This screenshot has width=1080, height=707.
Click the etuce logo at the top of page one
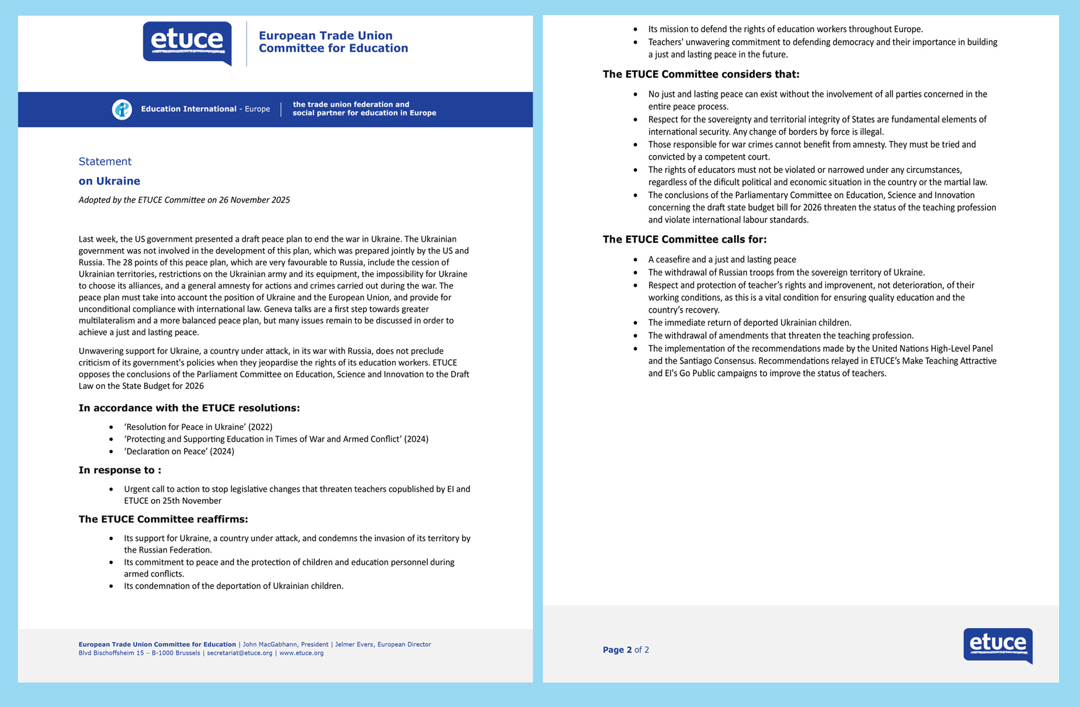(x=187, y=42)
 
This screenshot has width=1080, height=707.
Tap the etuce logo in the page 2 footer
(x=998, y=645)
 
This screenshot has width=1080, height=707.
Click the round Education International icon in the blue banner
(x=122, y=109)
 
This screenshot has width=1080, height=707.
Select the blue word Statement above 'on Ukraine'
(x=105, y=161)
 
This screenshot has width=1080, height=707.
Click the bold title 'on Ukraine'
(x=109, y=181)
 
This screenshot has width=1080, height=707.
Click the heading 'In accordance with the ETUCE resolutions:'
(x=189, y=408)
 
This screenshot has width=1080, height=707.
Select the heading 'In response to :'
(x=120, y=470)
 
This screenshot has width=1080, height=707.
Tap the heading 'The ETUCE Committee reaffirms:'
(x=163, y=519)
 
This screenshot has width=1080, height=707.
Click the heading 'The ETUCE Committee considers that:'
(x=701, y=74)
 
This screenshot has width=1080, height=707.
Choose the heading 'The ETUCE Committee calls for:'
(x=685, y=239)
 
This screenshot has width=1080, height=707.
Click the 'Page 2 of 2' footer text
(x=626, y=650)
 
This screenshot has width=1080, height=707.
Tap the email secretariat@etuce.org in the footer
(x=239, y=653)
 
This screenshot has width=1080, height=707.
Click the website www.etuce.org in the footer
(x=301, y=653)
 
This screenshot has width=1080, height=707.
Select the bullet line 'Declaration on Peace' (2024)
(x=179, y=451)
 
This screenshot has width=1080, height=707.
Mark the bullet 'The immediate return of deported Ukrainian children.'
(x=749, y=323)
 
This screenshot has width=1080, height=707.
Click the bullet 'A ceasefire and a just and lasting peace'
(x=722, y=259)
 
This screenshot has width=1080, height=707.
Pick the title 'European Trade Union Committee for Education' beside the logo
(x=333, y=42)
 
